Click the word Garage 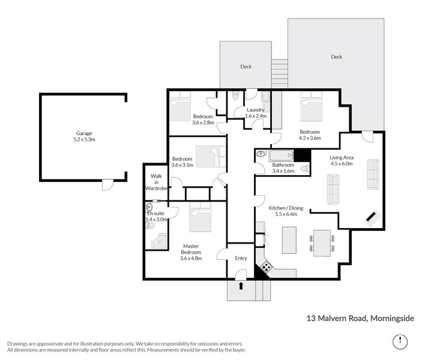[x=83, y=133]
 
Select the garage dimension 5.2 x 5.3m [x=83, y=140]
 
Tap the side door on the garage [x=106, y=184]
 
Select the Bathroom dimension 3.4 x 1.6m [x=283, y=171]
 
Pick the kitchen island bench [x=288, y=239]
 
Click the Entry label [x=241, y=259]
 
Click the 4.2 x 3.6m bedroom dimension [x=310, y=138]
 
